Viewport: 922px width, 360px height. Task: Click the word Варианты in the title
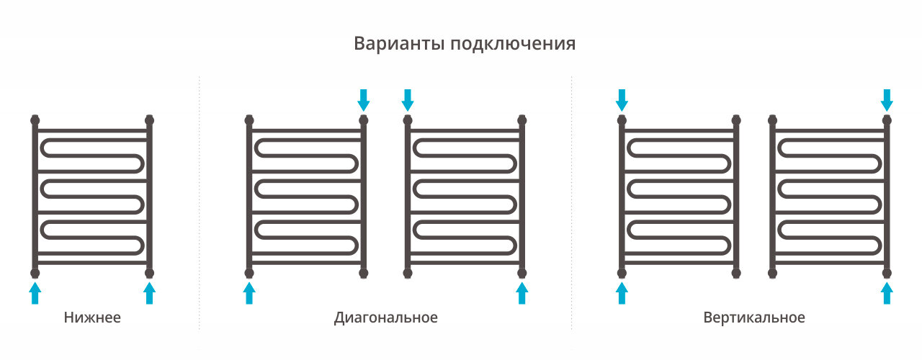click(x=398, y=43)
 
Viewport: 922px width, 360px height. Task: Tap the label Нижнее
click(x=92, y=318)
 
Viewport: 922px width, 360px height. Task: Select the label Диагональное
click(x=385, y=318)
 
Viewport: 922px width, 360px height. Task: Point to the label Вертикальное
click(x=754, y=318)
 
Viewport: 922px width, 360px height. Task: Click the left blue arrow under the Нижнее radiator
click(x=35, y=293)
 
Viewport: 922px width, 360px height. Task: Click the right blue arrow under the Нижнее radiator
click(x=149, y=293)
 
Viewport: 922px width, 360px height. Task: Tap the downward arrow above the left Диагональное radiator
click(x=364, y=99)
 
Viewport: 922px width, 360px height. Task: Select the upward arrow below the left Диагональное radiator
click(x=249, y=293)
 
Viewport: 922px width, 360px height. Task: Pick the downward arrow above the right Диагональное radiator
click(x=408, y=99)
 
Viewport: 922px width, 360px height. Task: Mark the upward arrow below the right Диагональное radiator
click(x=522, y=293)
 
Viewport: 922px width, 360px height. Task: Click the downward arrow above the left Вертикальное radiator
click(x=622, y=99)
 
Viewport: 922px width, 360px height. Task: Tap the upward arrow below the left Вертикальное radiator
click(x=622, y=293)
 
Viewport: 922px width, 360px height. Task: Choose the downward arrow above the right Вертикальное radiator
click(x=887, y=99)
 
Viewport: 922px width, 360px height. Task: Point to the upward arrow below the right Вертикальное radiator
click(x=887, y=293)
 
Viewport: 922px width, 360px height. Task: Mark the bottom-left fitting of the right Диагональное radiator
click(x=408, y=273)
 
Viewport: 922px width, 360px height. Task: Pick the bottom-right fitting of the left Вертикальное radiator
click(x=736, y=273)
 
